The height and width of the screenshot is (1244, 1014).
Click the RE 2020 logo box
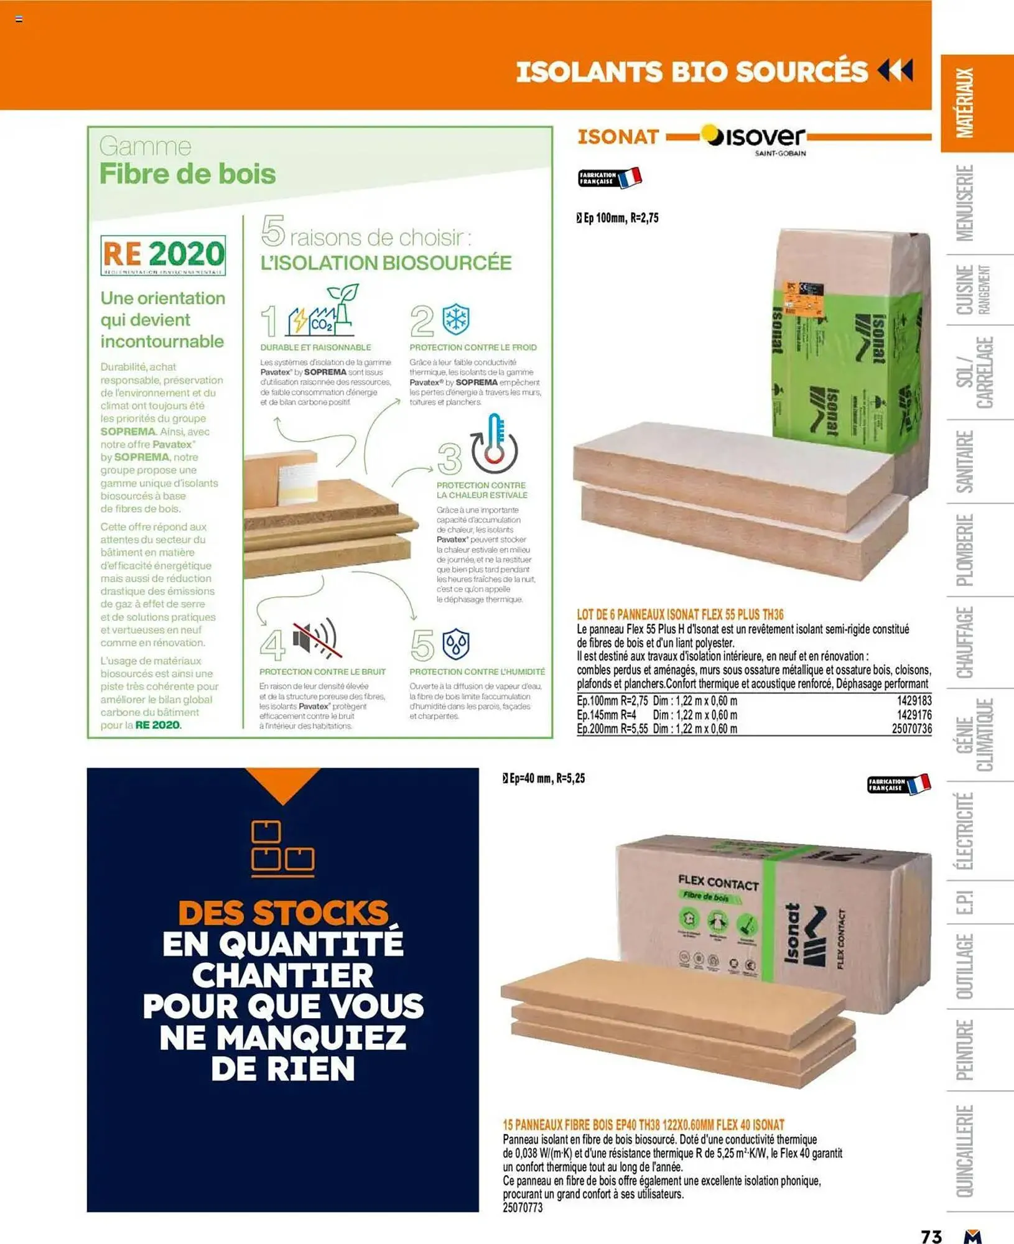pos(163,255)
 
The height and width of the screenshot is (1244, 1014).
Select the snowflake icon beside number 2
pos(456,320)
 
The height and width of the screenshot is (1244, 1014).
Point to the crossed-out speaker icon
pos(317,639)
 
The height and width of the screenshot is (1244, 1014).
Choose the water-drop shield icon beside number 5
pos(456,644)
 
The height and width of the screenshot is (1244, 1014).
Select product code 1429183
pos(914,700)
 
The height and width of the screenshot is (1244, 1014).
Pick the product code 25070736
pos(911,728)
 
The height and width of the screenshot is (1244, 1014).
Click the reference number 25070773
pos(523,1207)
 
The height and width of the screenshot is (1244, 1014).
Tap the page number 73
pos(931,1236)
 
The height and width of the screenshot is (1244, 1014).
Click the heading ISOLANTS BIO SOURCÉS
pos(691,72)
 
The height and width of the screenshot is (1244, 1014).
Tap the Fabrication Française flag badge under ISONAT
pos(609,178)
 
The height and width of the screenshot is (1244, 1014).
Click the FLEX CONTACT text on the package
pos(718,883)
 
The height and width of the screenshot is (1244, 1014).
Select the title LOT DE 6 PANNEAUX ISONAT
pos(680,615)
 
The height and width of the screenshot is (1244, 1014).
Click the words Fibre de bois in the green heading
pos(187,174)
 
